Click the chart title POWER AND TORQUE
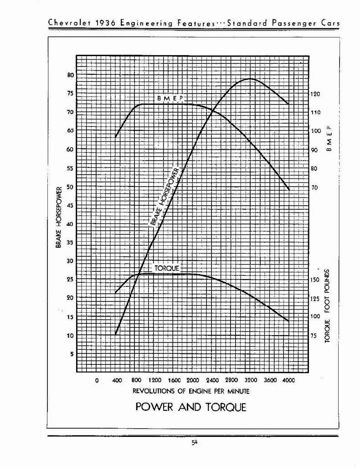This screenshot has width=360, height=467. pos(190,407)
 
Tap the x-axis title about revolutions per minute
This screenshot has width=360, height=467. pos(191,391)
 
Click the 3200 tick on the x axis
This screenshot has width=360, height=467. pos(250,380)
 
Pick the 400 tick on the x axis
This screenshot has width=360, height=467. pos(116,380)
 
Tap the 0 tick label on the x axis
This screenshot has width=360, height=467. pos(97,380)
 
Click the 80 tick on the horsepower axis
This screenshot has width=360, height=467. pos(71,75)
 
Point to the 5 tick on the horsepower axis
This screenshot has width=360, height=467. pos(71,354)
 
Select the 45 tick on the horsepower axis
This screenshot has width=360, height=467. pos(70,205)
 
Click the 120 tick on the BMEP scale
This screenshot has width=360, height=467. pos(315,94)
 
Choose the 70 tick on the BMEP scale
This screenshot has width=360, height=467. pos(314,187)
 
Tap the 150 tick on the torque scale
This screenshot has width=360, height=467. pos(315,280)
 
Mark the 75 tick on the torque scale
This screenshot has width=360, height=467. pos(314,335)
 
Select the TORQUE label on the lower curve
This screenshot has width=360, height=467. pos(166,268)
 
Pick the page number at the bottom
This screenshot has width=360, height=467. pos(194,442)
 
